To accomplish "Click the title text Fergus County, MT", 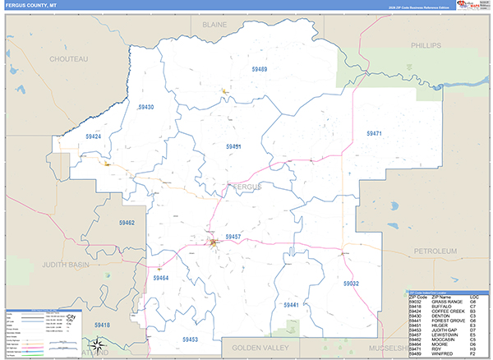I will (x=30, y=6).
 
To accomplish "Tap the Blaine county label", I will (x=214, y=25).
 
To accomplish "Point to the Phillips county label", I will (x=426, y=44).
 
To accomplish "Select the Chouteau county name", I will (x=68, y=59).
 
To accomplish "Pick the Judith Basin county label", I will (x=63, y=264).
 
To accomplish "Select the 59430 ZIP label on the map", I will (x=145, y=107).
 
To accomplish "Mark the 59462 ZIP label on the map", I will (x=127, y=223).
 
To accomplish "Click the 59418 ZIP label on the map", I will (x=103, y=325).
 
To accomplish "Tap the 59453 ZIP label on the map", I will (x=190, y=339).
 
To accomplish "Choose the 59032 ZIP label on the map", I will (x=351, y=283).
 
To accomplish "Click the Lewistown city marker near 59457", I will (x=214, y=242).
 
